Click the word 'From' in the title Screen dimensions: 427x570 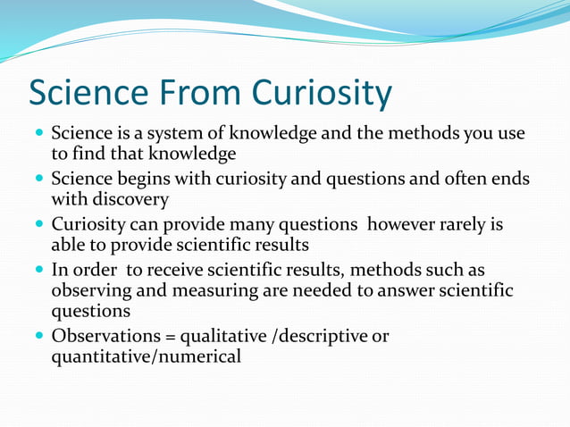click(197, 94)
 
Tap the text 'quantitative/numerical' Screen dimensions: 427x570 click(146, 356)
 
